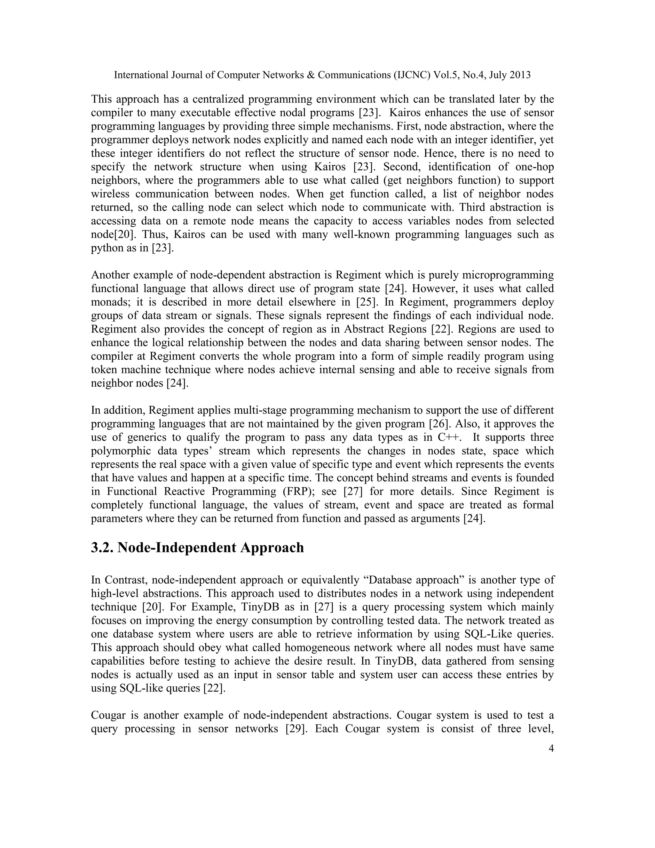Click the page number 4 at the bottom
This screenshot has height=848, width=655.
(551, 748)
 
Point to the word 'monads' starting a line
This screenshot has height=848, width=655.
(109, 302)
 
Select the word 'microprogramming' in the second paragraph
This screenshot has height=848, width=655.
(506, 275)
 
